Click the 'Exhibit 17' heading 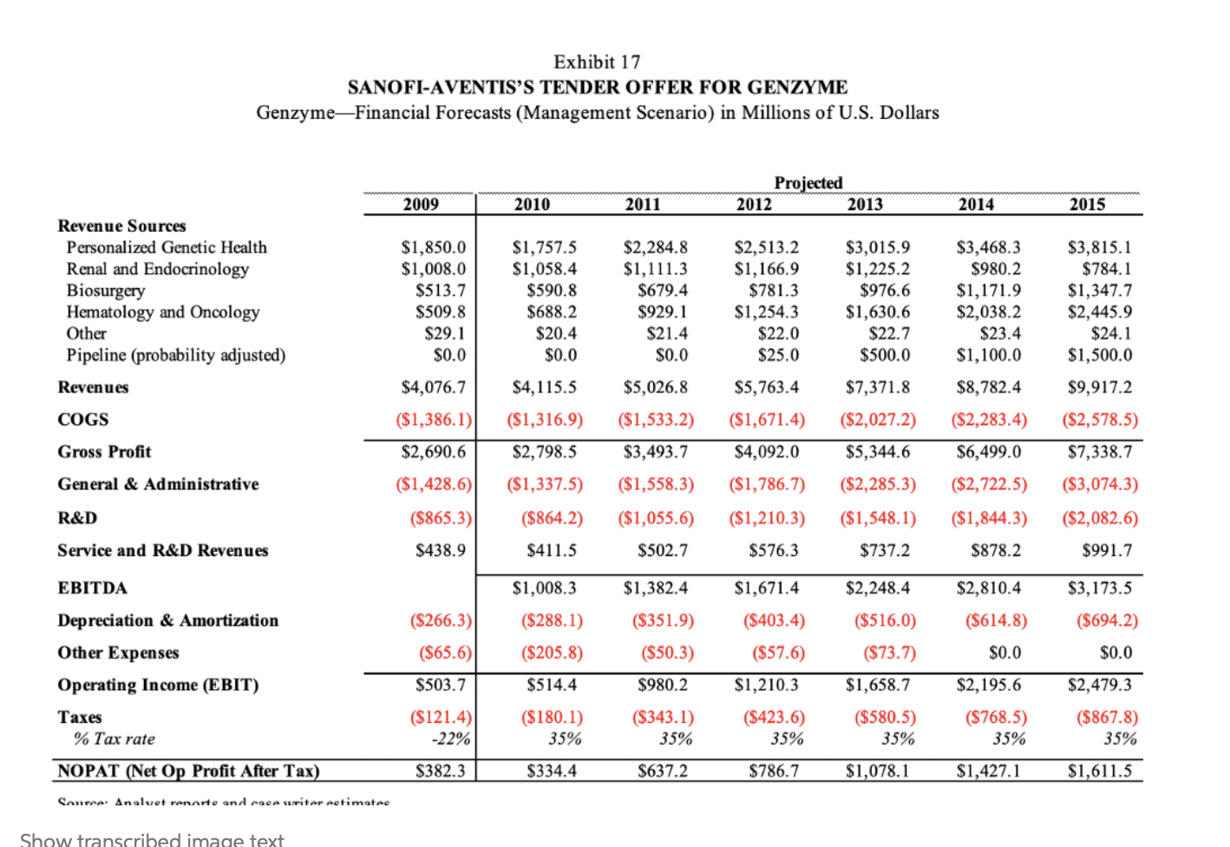pyautogui.click(x=597, y=62)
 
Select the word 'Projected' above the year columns pyautogui.click(x=808, y=182)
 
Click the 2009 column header pyautogui.click(x=421, y=204)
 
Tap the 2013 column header pyautogui.click(x=865, y=204)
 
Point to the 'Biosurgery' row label pyautogui.click(x=106, y=291)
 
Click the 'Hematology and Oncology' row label pyautogui.click(x=163, y=312)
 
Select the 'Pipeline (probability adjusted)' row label pyautogui.click(x=176, y=355)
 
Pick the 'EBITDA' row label pyautogui.click(x=92, y=588)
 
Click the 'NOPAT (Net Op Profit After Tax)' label pyautogui.click(x=188, y=771)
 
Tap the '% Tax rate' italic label pyautogui.click(x=114, y=739)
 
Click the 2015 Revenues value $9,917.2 pyautogui.click(x=1099, y=387)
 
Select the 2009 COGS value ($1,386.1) pyautogui.click(x=434, y=420)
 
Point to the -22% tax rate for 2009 pyautogui.click(x=451, y=739)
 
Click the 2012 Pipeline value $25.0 pyautogui.click(x=778, y=355)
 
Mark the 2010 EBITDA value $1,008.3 pyautogui.click(x=544, y=588)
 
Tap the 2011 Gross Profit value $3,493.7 pyautogui.click(x=656, y=452)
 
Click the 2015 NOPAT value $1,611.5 pyautogui.click(x=1099, y=771)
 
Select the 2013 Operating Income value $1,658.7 pyautogui.click(x=878, y=685)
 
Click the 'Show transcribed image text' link pyautogui.click(x=152, y=839)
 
